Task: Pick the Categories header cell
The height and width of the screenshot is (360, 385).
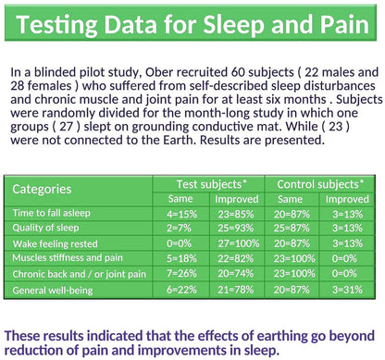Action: click(42, 189)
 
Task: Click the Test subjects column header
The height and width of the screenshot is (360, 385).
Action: click(212, 184)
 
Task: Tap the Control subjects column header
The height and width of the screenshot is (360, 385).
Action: click(320, 184)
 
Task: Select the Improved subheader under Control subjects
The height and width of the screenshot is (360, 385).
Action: click(347, 199)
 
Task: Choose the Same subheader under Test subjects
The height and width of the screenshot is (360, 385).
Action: click(180, 199)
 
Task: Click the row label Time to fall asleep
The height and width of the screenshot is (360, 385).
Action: click(52, 213)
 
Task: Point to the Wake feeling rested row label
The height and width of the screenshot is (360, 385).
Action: click(56, 243)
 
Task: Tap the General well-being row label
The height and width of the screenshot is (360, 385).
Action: click(53, 290)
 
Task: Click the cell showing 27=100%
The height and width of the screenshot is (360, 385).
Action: click(239, 243)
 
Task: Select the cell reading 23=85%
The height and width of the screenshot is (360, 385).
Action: click(236, 214)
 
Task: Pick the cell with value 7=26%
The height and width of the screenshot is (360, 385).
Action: click(181, 273)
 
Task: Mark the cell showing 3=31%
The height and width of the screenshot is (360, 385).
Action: click(347, 290)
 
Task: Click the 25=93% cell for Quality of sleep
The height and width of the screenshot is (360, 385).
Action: click(236, 228)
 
